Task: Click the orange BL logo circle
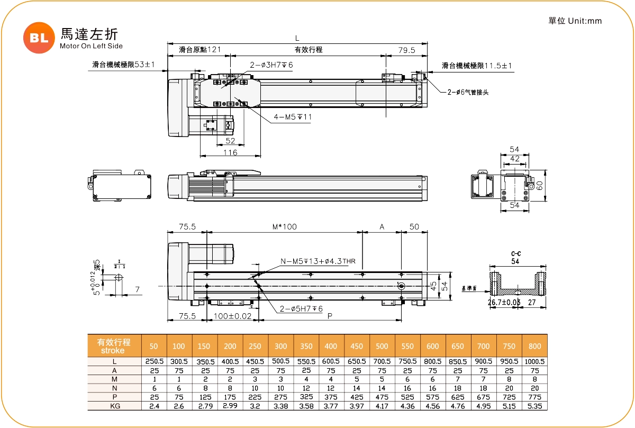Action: coord(39,37)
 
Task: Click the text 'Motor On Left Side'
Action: coord(91,46)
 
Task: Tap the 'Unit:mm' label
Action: coord(585,21)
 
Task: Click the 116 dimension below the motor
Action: coord(230,152)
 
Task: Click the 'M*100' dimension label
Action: coord(284,226)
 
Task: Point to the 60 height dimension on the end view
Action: coord(539,186)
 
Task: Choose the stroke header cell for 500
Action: coord(382,346)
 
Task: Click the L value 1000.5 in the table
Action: coord(534,361)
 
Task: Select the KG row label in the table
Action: coord(114,406)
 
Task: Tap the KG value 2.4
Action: coord(154,406)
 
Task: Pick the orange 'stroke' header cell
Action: coord(114,346)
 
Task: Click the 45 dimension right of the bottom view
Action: coord(433,286)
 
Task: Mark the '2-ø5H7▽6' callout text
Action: coord(301,309)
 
